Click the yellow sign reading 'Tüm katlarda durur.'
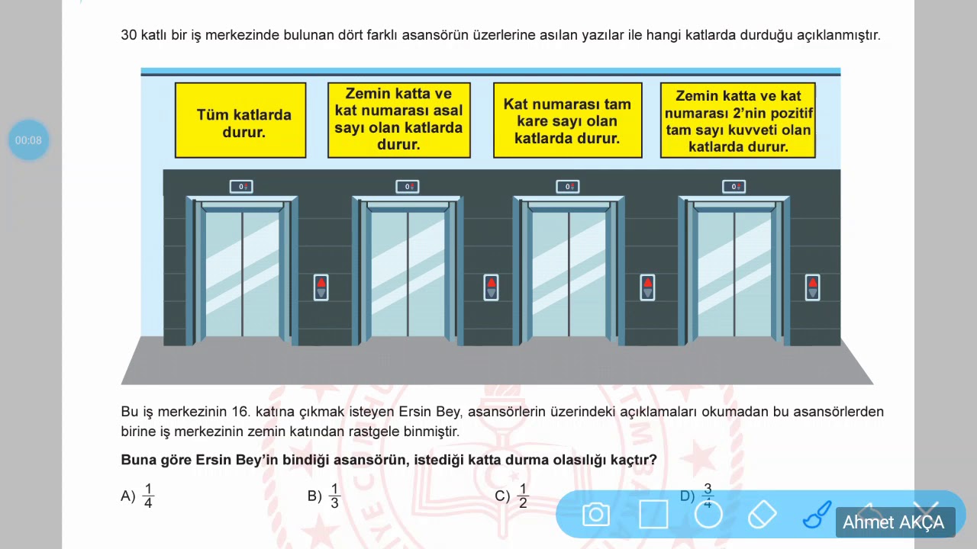[x=240, y=120]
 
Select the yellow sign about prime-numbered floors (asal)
[x=398, y=120]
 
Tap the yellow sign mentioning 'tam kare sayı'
[x=567, y=120]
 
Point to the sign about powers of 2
[x=737, y=120]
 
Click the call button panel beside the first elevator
[x=321, y=287]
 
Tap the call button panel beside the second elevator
[x=491, y=287]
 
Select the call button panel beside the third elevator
[x=647, y=287]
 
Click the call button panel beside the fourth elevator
[x=812, y=287]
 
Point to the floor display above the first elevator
[x=241, y=187]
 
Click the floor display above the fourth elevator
[x=734, y=187]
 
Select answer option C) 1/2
[x=512, y=496]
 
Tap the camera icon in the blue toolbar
[x=595, y=515]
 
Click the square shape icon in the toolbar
[x=653, y=515]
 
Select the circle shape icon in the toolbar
[x=708, y=515]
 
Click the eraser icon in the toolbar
[x=762, y=515]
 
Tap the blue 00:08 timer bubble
[x=28, y=140]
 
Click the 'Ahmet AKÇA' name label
[x=893, y=522]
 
